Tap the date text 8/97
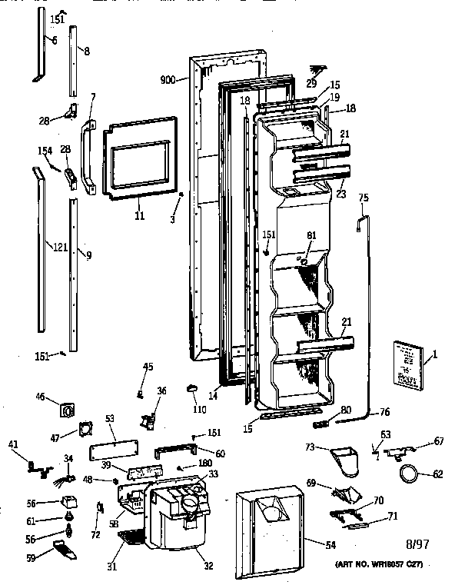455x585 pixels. point(416,543)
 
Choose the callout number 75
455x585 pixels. point(364,198)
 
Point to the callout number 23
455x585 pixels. point(340,194)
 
